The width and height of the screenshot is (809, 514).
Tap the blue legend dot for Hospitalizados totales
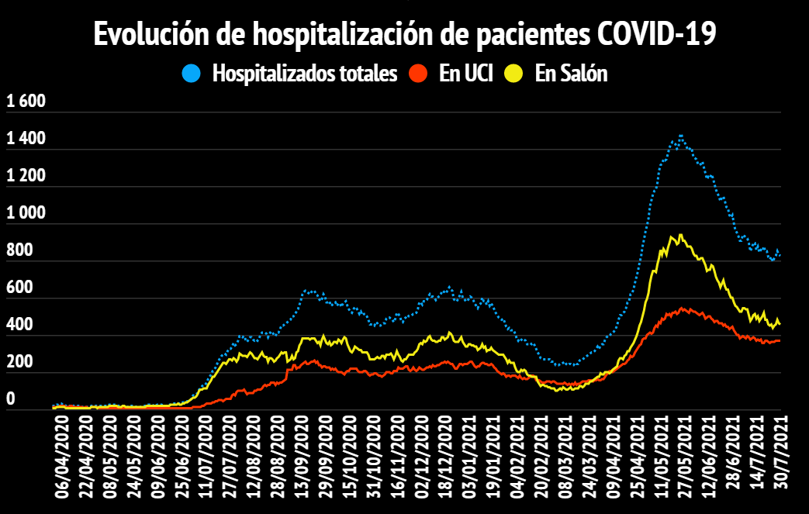(x=192, y=74)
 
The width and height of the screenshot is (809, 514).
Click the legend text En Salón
(x=571, y=74)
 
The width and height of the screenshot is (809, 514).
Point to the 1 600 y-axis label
(x=26, y=102)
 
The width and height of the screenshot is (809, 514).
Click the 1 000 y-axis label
(x=26, y=213)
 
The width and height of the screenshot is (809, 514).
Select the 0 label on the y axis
(x=11, y=399)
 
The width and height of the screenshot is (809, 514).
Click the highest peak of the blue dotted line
(x=680, y=136)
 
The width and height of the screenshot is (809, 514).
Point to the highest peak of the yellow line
(x=680, y=235)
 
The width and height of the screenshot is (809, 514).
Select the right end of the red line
(x=780, y=340)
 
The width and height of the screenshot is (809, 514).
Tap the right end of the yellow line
(x=780, y=323)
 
